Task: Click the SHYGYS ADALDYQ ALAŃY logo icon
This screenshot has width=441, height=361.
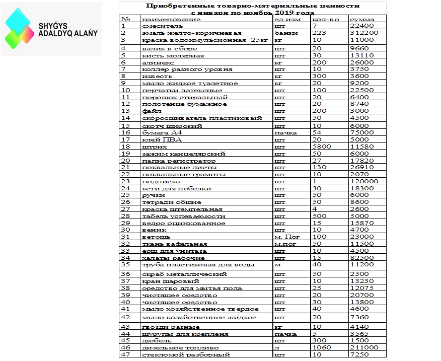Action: (20, 28)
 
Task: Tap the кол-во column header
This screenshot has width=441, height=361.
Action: (324, 19)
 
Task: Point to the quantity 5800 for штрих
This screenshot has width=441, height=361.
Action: (322, 147)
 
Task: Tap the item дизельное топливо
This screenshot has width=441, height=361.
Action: (174, 347)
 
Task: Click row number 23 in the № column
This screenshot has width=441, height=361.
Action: (125, 182)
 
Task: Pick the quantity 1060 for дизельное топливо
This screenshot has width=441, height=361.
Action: (322, 347)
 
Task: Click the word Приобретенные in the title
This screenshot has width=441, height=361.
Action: (175, 6)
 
